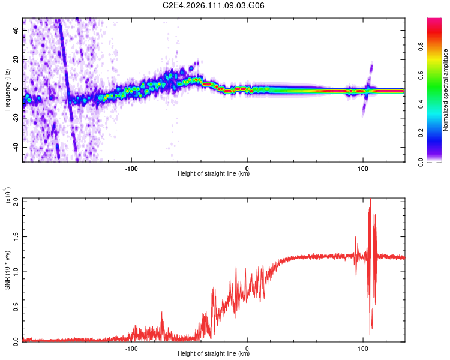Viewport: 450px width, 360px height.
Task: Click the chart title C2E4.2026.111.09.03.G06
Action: click(x=214, y=6)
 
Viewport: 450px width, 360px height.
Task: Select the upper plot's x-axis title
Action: click(x=214, y=174)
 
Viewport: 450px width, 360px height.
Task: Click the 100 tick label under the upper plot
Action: click(x=363, y=169)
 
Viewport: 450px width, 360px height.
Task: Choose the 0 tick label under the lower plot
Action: click(x=247, y=347)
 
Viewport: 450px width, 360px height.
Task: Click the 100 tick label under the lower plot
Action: click(x=363, y=347)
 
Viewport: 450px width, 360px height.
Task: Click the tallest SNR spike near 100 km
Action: click(x=370, y=200)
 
